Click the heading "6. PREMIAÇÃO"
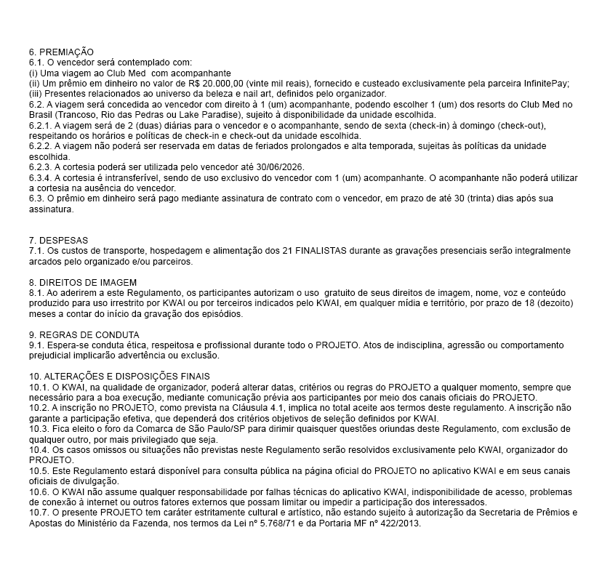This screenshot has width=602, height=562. [61, 52]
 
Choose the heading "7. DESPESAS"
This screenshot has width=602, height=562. [59, 240]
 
